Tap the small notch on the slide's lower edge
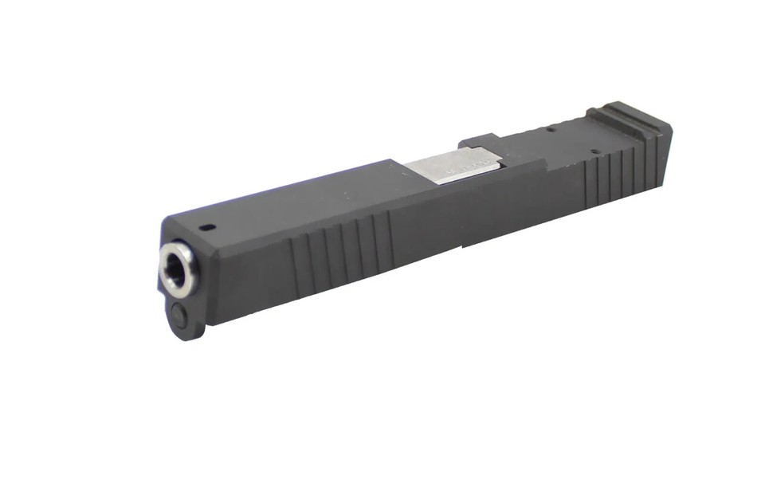click(x=462, y=248)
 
